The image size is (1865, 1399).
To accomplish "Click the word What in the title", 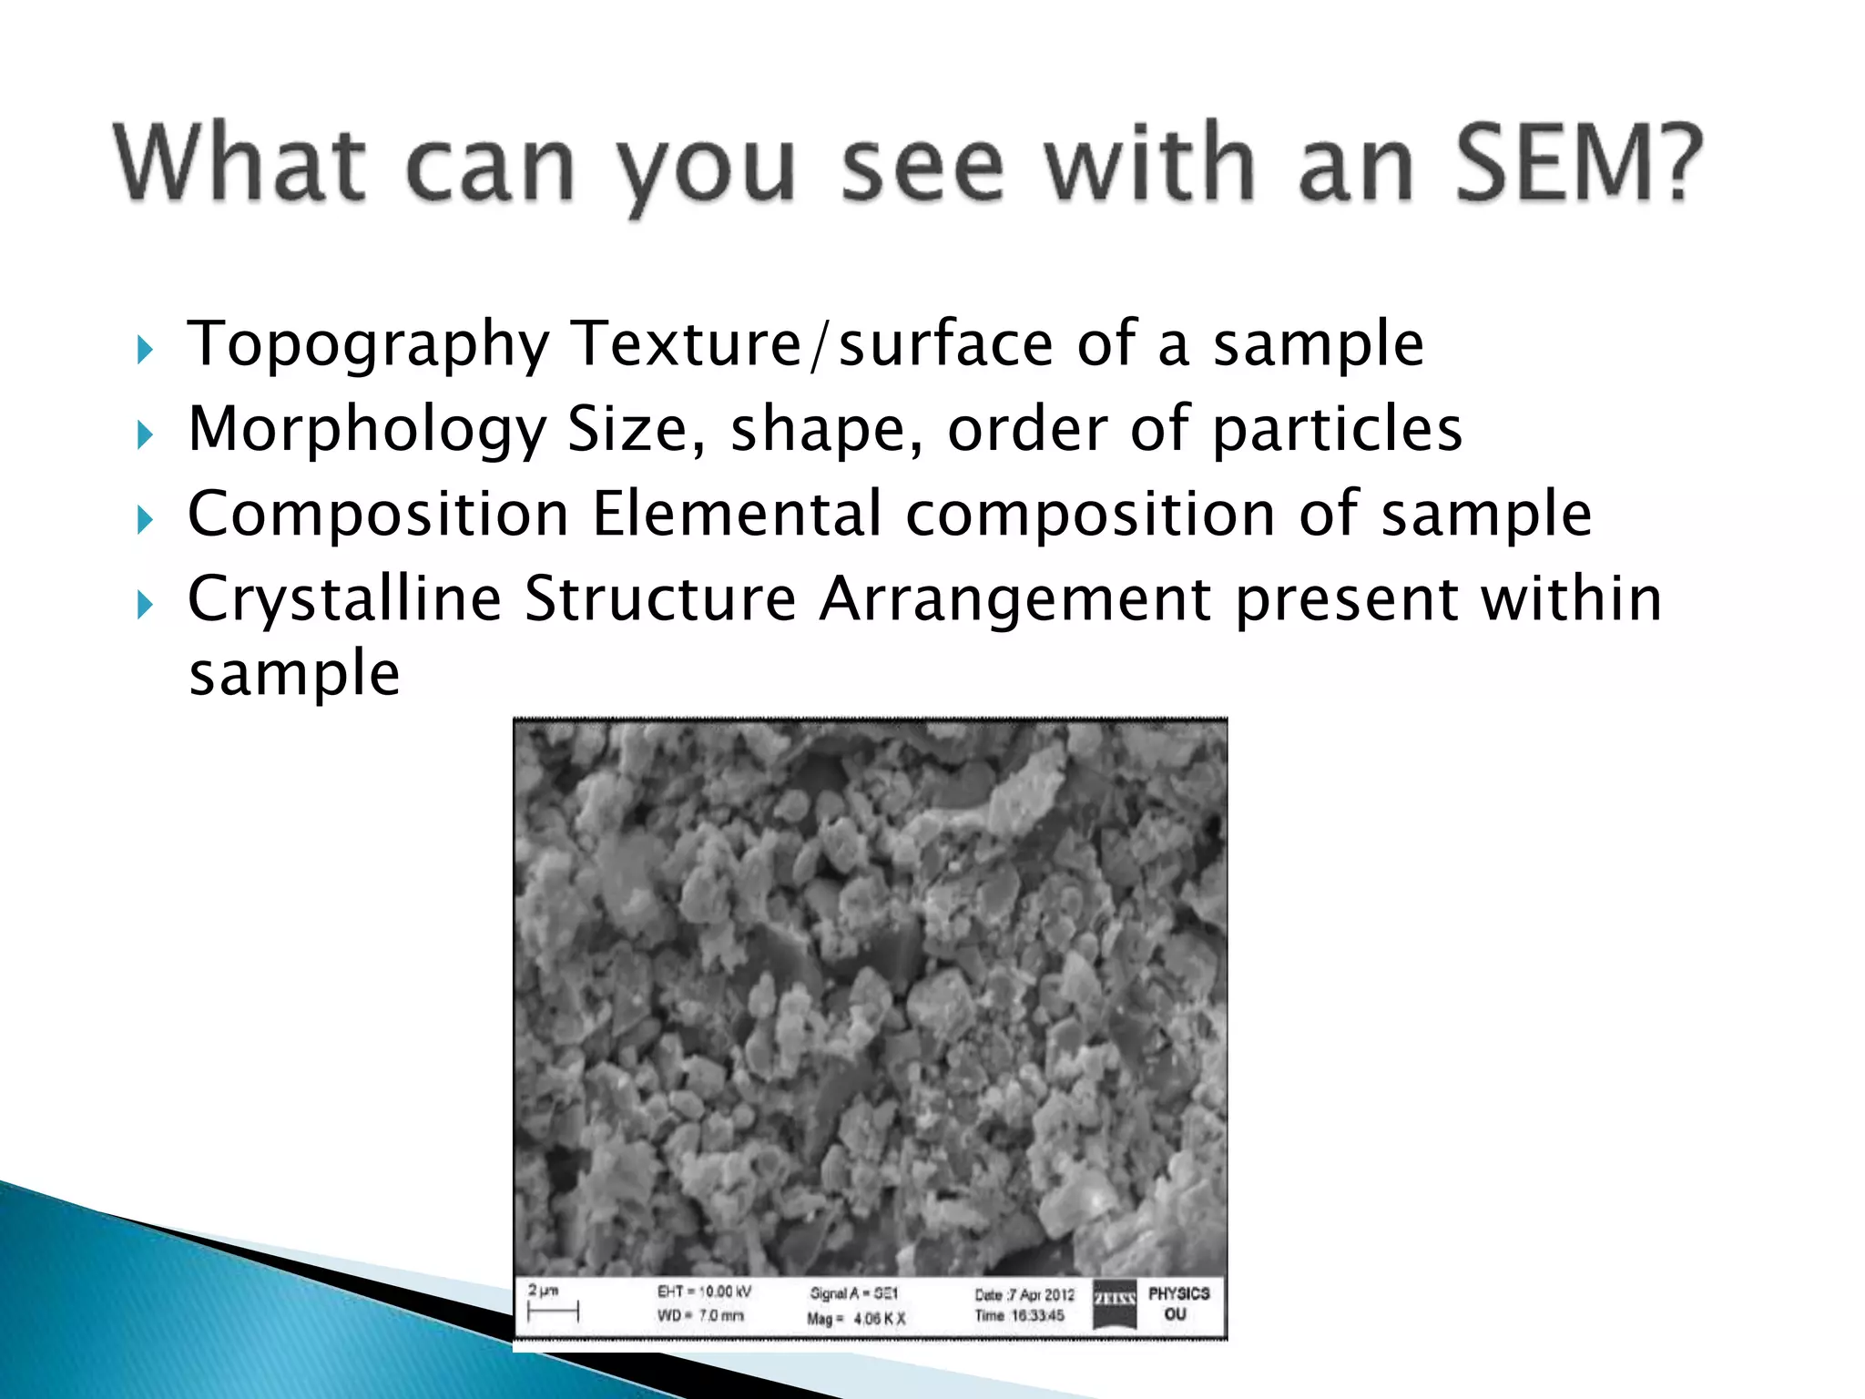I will [x=239, y=164].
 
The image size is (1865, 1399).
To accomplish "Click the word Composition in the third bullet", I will [x=379, y=514].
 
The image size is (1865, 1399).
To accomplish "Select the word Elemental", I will [x=738, y=514].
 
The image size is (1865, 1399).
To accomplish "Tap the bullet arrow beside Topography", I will [x=145, y=350].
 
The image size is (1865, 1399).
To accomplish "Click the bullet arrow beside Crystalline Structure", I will [x=145, y=604].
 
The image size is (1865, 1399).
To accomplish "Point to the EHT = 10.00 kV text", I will [x=704, y=1292].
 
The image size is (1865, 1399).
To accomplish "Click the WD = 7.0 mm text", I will [x=700, y=1315].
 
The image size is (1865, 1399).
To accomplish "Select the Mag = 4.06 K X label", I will [x=855, y=1318].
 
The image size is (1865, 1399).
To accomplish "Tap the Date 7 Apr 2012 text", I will [x=1024, y=1294].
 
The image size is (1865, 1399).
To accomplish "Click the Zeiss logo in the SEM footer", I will [x=1115, y=1303].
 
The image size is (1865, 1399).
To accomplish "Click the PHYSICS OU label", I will [x=1178, y=1303].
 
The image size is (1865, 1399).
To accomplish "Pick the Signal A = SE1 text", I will [x=853, y=1293].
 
